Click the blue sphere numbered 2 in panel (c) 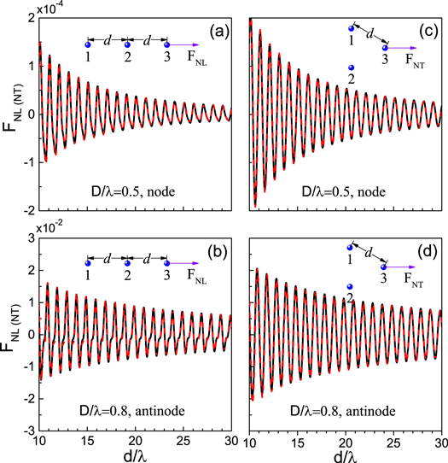pos(350,68)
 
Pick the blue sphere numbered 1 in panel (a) pos(88,44)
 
